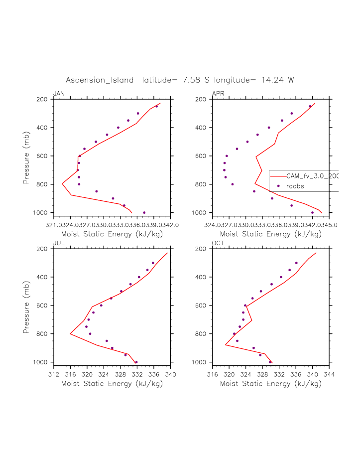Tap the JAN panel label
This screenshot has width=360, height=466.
pyautogui.click(x=59, y=94)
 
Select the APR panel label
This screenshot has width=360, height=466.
pyautogui.click(x=218, y=94)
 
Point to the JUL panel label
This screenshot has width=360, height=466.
pyautogui.click(x=59, y=243)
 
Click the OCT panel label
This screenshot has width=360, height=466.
pyautogui.click(x=218, y=243)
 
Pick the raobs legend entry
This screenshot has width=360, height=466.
pyautogui.click(x=309, y=186)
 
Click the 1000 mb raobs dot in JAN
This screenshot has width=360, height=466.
pyautogui.click(x=144, y=213)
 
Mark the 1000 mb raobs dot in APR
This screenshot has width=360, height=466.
pyautogui.click(x=313, y=213)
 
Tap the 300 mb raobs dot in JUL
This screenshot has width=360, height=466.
pyautogui.click(x=153, y=263)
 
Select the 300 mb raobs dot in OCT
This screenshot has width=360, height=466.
pyautogui.click(x=296, y=263)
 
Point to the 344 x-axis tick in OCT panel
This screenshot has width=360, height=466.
pyautogui.click(x=329, y=369)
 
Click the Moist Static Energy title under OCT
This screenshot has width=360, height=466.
pyautogui.click(x=270, y=384)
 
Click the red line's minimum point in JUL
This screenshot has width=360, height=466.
pyautogui.click(x=70, y=334)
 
